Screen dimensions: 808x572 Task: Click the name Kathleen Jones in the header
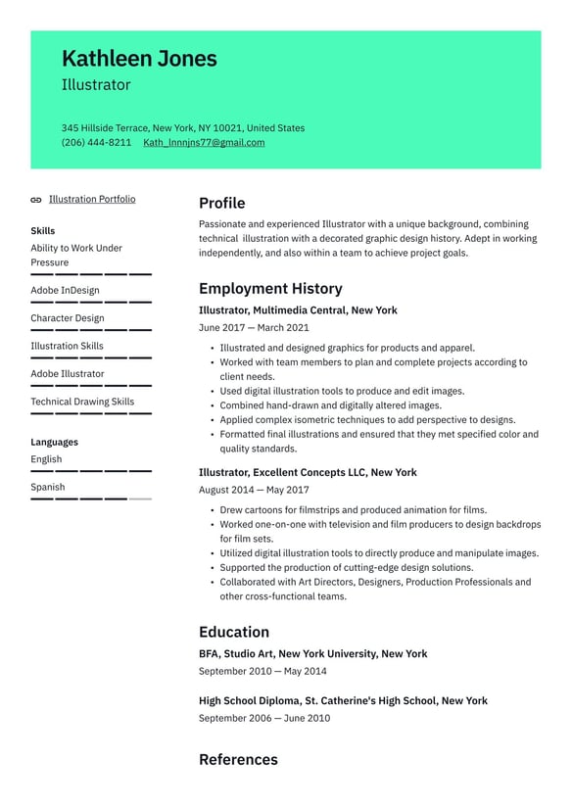[x=139, y=59]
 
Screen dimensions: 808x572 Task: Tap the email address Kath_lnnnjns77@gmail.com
[x=204, y=143]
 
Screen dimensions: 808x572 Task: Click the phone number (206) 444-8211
[x=96, y=143]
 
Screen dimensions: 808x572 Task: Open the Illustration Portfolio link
[x=92, y=200]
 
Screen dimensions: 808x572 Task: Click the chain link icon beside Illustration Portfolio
[x=36, y=200]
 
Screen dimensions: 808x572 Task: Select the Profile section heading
[x=221, y=204]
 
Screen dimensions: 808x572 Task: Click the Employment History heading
[x=270, y=289]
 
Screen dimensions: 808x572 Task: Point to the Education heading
[x=233, y=633]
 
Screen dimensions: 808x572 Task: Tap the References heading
[x=238, y=760]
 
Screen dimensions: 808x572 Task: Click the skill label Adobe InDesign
[x=65, y=291]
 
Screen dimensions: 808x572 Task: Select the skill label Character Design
[x=67, y=318]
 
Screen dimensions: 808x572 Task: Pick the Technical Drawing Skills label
[x=82, y=402]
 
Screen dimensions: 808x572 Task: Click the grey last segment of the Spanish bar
[x=140, y=499]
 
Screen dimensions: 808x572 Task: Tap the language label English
[x=46, y=459]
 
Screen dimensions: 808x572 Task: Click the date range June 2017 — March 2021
[x=254, y=328]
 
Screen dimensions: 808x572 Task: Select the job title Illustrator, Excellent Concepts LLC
[x=308, y=473]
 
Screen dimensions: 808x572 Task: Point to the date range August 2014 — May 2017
[x=254, y=491]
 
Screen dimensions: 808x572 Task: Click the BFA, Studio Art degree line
[x=312, y=654]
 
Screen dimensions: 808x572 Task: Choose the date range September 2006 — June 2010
[x=263, y=719]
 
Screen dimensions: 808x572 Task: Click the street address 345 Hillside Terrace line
[x=182, y=128]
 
